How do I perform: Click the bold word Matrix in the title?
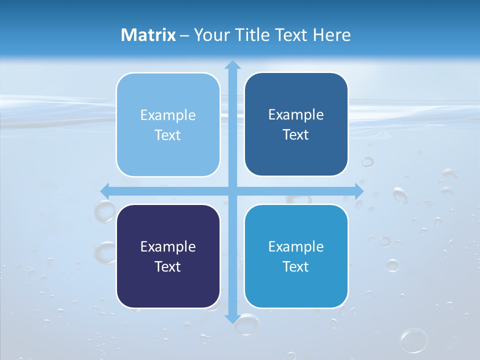[148, 35]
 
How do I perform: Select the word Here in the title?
[332, 35]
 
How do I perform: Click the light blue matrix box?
[168, 124]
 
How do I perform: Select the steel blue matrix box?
[296, 124]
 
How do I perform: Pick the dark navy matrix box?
[168, 256]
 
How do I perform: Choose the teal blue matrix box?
[296, 256]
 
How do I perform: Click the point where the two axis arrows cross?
[232, 191]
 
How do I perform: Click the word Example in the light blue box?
[168, 115]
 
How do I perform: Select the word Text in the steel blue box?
[296, 134]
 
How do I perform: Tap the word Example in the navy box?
[168, 246]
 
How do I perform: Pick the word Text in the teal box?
[296, 266]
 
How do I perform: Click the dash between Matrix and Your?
[184, 35]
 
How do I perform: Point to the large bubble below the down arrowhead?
[246, 325]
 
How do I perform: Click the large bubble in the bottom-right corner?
[414, 340]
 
